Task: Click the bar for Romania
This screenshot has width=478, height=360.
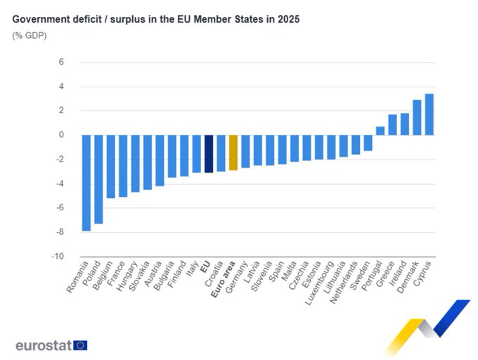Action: click(x=86, y=182)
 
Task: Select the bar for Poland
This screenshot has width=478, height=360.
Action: click(x=98, y=179)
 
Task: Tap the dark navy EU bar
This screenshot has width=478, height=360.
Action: click(x=208, y=153)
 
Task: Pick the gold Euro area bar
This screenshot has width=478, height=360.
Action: click(x=233, y=153)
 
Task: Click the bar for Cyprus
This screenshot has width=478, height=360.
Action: click(x=429, y=114)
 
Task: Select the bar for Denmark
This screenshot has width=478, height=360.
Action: click(x=417, y=117)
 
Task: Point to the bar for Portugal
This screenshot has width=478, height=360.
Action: click(x=380, y=131)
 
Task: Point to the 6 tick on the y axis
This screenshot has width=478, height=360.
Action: click(x=61, y=62)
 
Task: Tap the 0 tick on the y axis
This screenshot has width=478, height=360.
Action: click(x=61, y=135)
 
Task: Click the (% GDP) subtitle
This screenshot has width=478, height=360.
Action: click(x=28, y=35)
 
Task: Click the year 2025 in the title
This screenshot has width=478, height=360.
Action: click(x=288, y=20)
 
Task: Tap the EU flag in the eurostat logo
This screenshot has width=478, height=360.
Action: click(x=80, y=345)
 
